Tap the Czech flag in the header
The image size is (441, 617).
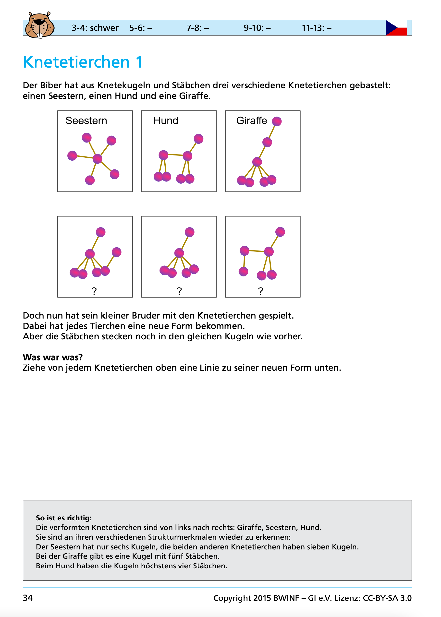396,28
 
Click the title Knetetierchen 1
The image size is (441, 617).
83,62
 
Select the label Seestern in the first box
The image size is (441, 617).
86,120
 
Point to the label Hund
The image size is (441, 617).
166,120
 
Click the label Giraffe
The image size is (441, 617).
251,120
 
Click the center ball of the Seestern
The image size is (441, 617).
97,159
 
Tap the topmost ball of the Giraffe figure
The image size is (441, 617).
277,121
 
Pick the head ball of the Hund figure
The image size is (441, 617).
198,139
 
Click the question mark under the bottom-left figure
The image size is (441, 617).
94,291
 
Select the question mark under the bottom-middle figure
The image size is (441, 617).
179,291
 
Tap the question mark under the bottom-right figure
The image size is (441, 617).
260,291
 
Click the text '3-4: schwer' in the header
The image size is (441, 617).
95,28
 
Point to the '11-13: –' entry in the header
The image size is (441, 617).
316,28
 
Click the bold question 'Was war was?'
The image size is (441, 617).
53,357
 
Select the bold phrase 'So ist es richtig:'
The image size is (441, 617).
64,518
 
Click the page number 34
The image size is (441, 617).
28,598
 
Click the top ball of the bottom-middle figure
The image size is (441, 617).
190,232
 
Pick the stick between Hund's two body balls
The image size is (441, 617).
175,155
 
